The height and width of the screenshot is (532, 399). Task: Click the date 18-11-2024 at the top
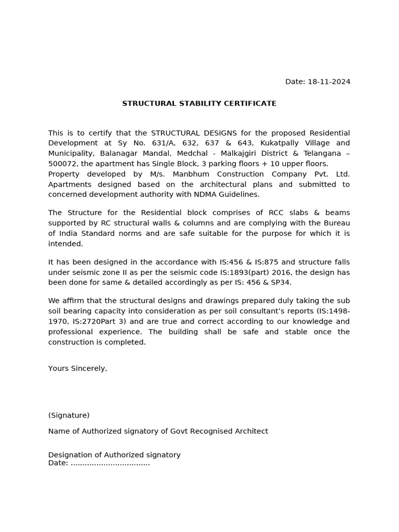(x=329, y=82)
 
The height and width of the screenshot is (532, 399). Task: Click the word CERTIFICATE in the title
(x=248, y=103)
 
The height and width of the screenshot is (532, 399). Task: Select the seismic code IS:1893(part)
(x=249, y=272)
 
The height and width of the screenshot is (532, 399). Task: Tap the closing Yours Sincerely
(x=77, y=368)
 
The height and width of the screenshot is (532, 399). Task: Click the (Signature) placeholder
(x=69, y=415)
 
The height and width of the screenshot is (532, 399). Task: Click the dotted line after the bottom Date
(x=110, y=463)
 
